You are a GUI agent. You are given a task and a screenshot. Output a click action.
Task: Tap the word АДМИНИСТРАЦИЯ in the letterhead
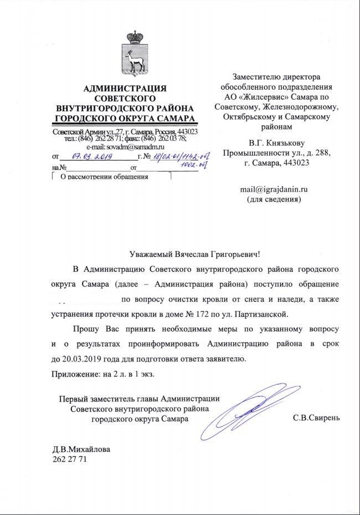click(125, 89)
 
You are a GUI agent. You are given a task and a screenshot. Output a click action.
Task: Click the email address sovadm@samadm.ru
click(126, 147)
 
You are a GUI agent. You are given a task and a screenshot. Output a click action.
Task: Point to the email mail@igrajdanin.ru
click(274, 189)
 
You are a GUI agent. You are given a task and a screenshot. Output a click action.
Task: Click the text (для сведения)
click(274, 199)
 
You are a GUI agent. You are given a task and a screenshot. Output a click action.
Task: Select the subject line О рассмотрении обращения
click(104, 177)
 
